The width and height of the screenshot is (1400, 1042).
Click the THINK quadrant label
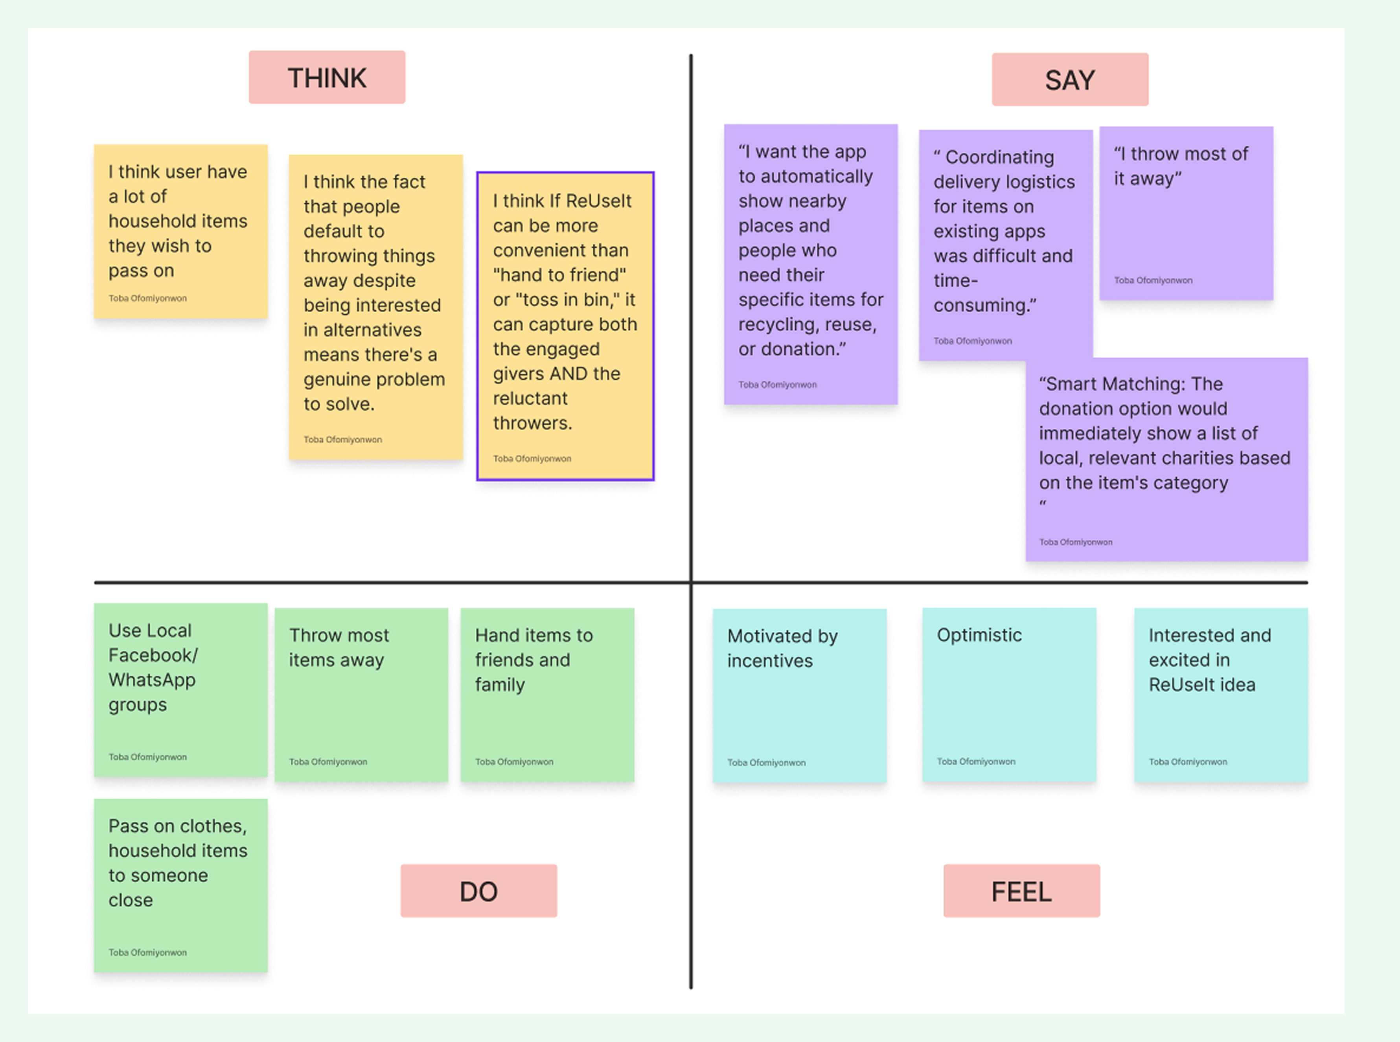pos(327,77)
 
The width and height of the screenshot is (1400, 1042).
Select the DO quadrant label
pos(478,891)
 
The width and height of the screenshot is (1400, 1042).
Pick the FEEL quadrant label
pos(1021,891)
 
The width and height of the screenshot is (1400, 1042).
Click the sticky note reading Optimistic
pos(1008,694)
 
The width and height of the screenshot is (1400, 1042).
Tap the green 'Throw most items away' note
pos(361,694)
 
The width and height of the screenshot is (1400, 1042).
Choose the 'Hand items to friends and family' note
pos(547,694)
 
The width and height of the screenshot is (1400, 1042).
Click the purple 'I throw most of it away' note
pos(1186,213)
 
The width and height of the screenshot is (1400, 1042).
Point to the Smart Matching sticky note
pos(1166,459)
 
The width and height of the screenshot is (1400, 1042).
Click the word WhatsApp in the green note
pos(152,680)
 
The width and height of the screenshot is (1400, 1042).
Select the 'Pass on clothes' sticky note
pos(181,885)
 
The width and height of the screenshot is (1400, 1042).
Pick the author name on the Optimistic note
pos(976,761)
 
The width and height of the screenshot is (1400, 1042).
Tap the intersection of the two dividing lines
pos(691,582)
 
